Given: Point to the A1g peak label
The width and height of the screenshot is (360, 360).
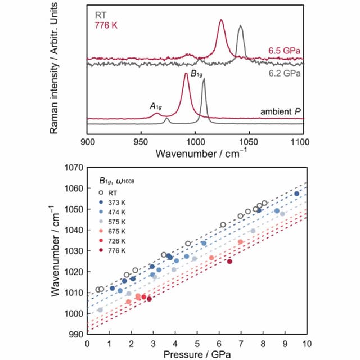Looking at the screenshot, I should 156,106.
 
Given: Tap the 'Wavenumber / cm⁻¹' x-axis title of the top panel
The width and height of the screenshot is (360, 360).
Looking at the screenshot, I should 195,153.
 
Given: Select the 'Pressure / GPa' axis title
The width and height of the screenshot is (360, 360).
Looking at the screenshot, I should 195,355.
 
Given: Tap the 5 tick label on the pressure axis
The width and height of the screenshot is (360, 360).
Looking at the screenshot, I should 197,344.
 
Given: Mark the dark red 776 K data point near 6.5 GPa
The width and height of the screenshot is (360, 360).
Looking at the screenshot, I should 229,261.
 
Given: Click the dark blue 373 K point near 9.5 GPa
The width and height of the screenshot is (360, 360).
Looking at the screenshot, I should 296,193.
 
